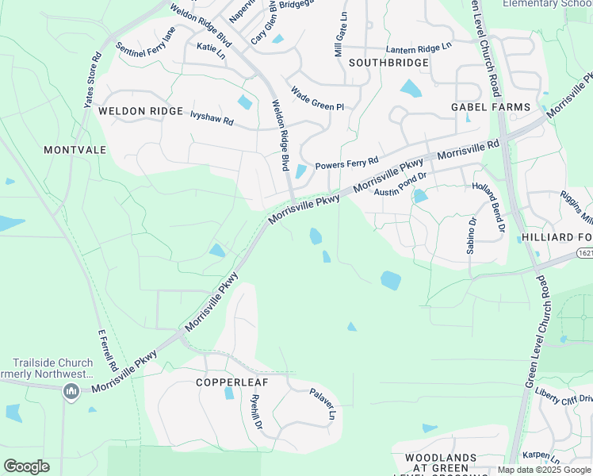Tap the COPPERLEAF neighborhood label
(229, 382)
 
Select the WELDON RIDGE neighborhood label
(141, 112)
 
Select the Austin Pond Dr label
(401, 184)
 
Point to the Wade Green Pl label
(317, 99)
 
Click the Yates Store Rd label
(92, 79)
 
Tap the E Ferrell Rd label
(107, 351)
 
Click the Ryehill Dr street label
(256, 413)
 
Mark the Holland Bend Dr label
(488, 206)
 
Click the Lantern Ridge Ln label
(418, 48)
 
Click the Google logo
(26, 466)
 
